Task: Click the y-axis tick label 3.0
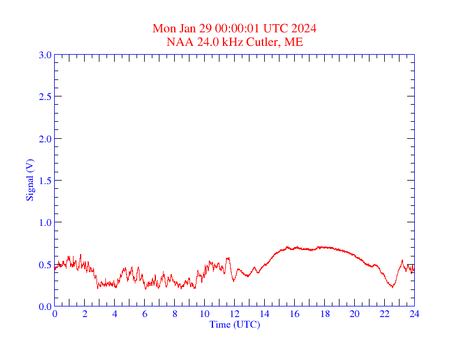pos(45,55)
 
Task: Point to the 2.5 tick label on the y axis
pos(45,96)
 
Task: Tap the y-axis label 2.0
pos(45,139)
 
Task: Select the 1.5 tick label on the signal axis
pos(45,181)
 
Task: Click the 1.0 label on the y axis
pos(45,222)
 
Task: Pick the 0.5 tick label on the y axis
pos(45,265)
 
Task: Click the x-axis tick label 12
pos(235,314)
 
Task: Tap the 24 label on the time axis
pos(414,314)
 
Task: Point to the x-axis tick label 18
pos(324,314)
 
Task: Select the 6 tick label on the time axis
pos(145,314)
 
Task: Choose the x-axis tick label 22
pos(384,314)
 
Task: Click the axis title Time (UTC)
pos(235,324)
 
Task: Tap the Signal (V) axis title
pos(29,180)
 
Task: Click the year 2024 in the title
pos(305,29)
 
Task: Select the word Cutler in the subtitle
pos(261,42)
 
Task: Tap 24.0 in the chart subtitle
pos(208,42)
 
